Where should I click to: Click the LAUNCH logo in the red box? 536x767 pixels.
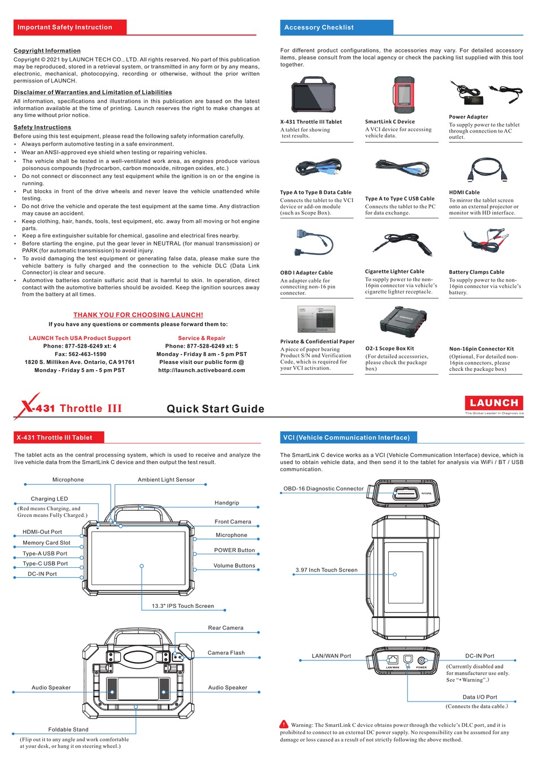[x=494, y=403]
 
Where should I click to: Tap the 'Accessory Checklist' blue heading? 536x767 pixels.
[x=319, y=28]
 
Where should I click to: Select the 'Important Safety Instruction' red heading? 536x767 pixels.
[x=65, y=27]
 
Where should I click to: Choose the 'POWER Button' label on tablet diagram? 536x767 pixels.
[x=234, y=550]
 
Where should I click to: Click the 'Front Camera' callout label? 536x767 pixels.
[x=232, y=522]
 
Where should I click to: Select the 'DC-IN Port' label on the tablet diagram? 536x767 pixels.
[x=42, y=574]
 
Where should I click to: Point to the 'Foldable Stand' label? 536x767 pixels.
[x=68, y=730]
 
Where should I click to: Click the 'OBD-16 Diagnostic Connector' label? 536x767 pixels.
[x=323, y=489]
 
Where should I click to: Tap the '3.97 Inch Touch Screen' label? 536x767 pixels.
[x=326, y=570]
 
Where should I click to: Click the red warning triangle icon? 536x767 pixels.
[x=284, y=724]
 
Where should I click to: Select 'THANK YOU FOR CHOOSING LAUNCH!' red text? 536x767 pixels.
[x=138, y=315]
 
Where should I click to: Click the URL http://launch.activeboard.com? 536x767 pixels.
[x=201, y=370]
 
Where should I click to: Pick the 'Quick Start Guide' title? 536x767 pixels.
[x=216, y=409]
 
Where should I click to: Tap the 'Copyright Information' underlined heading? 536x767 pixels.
[x=47, y=51]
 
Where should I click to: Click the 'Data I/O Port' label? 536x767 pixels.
[x=480, y=697]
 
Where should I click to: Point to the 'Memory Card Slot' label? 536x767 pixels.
[x=46, y=543]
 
